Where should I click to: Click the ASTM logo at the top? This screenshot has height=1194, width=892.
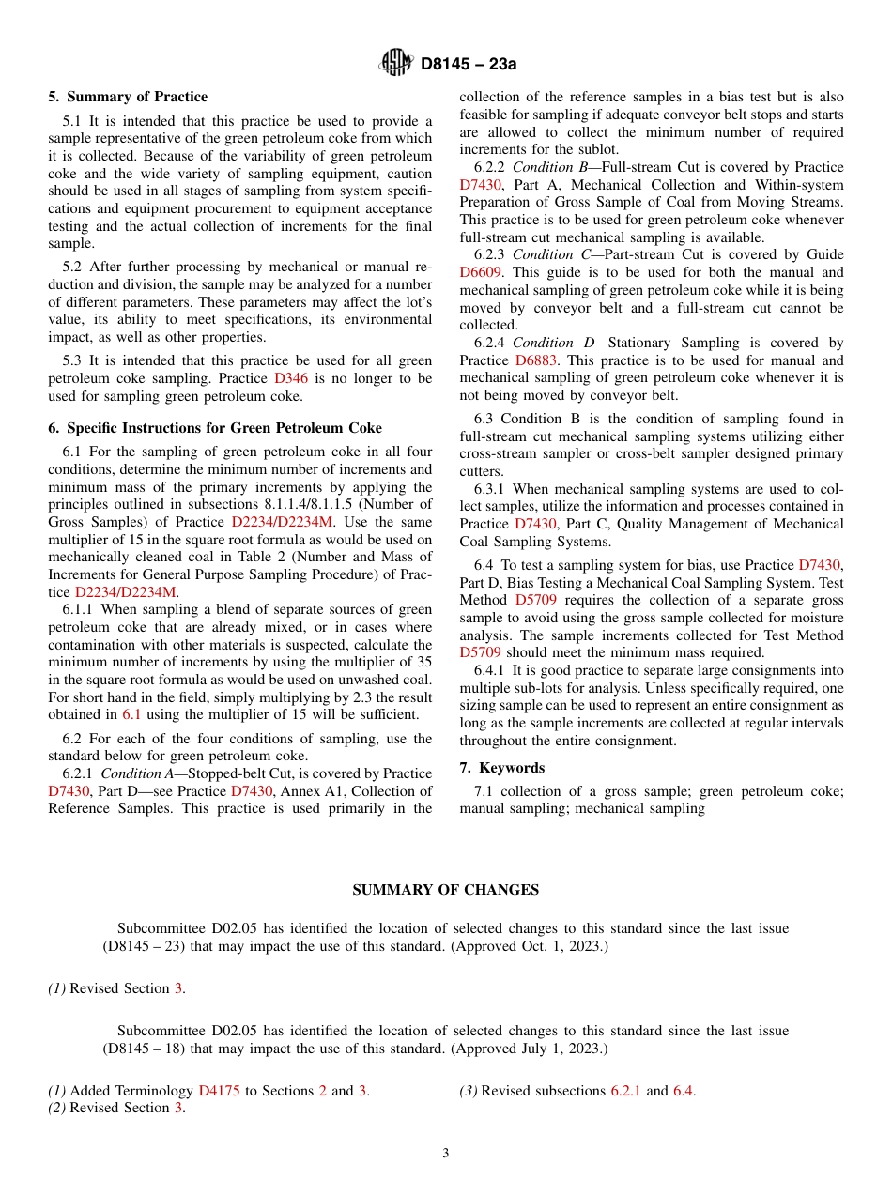(395, 64)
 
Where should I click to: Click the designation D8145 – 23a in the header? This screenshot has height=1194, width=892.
(469, 65)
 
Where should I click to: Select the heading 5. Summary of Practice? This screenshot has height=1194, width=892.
(128, 97)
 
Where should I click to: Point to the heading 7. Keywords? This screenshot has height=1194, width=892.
(501, 768)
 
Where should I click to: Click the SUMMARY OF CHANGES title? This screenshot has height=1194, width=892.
(445, 890)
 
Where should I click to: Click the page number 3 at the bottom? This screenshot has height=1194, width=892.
(446, 1154)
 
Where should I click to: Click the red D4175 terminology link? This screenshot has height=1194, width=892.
(219, 1091)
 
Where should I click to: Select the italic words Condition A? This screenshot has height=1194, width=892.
(136, 773)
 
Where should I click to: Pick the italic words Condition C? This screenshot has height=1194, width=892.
(548, 254)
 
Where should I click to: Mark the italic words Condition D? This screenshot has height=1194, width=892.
(549, 343)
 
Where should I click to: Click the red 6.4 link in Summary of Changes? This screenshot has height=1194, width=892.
(684, 1091)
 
